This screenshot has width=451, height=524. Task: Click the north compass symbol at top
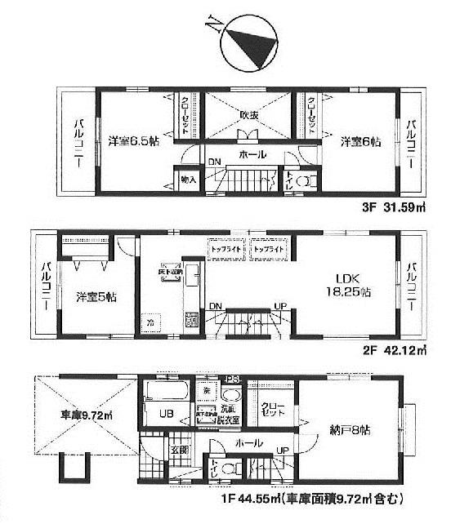tap(245, 41)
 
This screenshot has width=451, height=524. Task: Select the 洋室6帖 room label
tap(360, 141)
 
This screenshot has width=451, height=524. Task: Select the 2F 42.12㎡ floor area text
tap(395, 352)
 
